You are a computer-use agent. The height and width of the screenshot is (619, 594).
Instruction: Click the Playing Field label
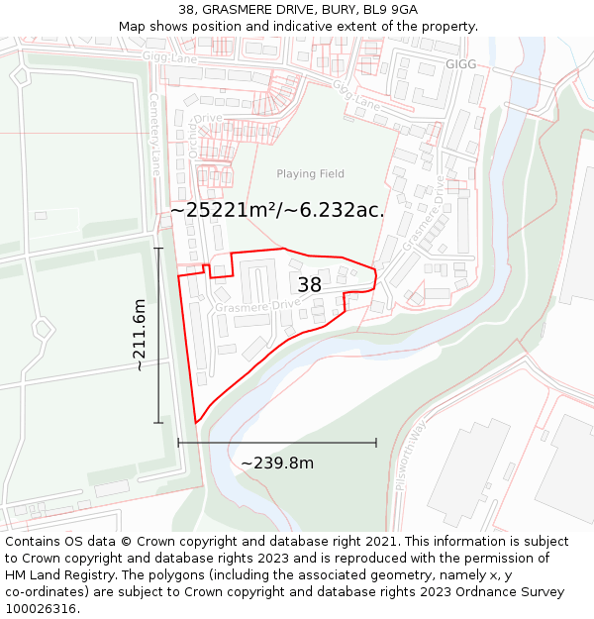click(310, 174)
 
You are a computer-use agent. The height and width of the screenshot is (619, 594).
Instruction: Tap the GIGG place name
click(460, 64)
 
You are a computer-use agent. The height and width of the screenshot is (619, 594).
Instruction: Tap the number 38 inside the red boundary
click(309, 285)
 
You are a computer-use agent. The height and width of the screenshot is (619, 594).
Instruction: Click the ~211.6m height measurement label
click(140, 335)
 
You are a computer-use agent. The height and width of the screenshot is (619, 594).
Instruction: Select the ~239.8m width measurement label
click(277, 464)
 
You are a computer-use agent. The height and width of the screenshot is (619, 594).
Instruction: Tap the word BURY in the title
click(336, 10)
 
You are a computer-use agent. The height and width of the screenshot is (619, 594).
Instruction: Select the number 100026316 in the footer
click(41, 609)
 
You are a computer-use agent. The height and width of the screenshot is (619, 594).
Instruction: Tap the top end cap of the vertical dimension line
click(158, 248)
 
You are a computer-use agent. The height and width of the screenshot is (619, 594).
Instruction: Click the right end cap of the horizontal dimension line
click(376, 443)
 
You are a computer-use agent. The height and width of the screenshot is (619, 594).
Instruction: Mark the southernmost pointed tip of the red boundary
click(196, 423)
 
